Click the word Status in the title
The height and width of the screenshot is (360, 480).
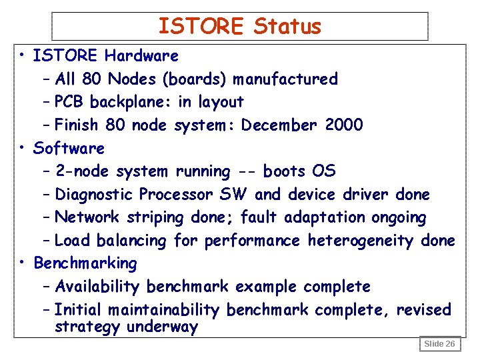[x=287, y=27]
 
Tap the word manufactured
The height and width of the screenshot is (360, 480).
[x=285, y=79]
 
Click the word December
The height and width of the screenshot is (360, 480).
[x=279, y=125]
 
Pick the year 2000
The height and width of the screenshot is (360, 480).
[x=345, y=125]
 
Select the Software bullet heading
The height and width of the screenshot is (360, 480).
[x=69, y=148]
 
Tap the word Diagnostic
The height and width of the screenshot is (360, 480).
[x=95, y=195]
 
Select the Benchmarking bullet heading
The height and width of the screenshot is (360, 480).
[x=85, y=263]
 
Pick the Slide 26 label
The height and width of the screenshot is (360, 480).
[x=439, y=344]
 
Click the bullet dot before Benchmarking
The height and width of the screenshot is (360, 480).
[x=23, y=263]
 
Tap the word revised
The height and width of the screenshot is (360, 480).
[x=424, y=310]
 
